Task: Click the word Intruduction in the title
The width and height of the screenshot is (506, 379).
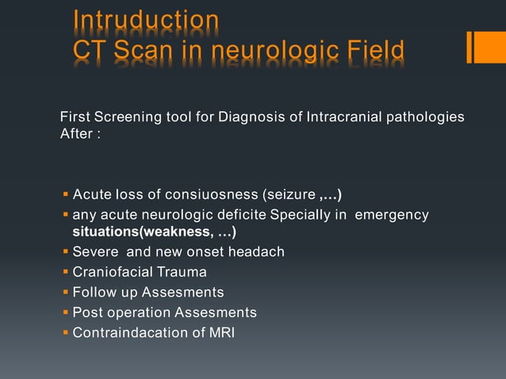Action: coord(145,19)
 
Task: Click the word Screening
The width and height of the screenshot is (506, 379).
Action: coord(128,118)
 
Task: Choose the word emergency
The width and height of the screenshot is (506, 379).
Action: coord(391,215)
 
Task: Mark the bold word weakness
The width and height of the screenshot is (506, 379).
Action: coord(176,232)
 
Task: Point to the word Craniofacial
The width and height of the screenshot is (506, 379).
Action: coord(110,272)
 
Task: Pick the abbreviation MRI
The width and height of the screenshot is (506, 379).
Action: coord(221,332)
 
